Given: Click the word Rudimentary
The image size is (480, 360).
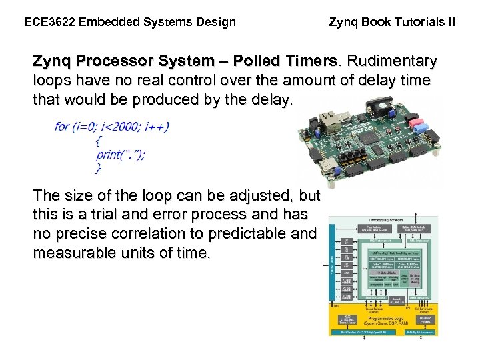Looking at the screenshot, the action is (x=390, y=61).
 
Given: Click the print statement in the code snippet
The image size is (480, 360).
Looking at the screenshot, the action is (x=121, y=154).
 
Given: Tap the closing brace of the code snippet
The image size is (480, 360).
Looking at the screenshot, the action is (x=99, y=168).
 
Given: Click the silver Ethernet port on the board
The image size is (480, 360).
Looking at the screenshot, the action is (x=326, y=122).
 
